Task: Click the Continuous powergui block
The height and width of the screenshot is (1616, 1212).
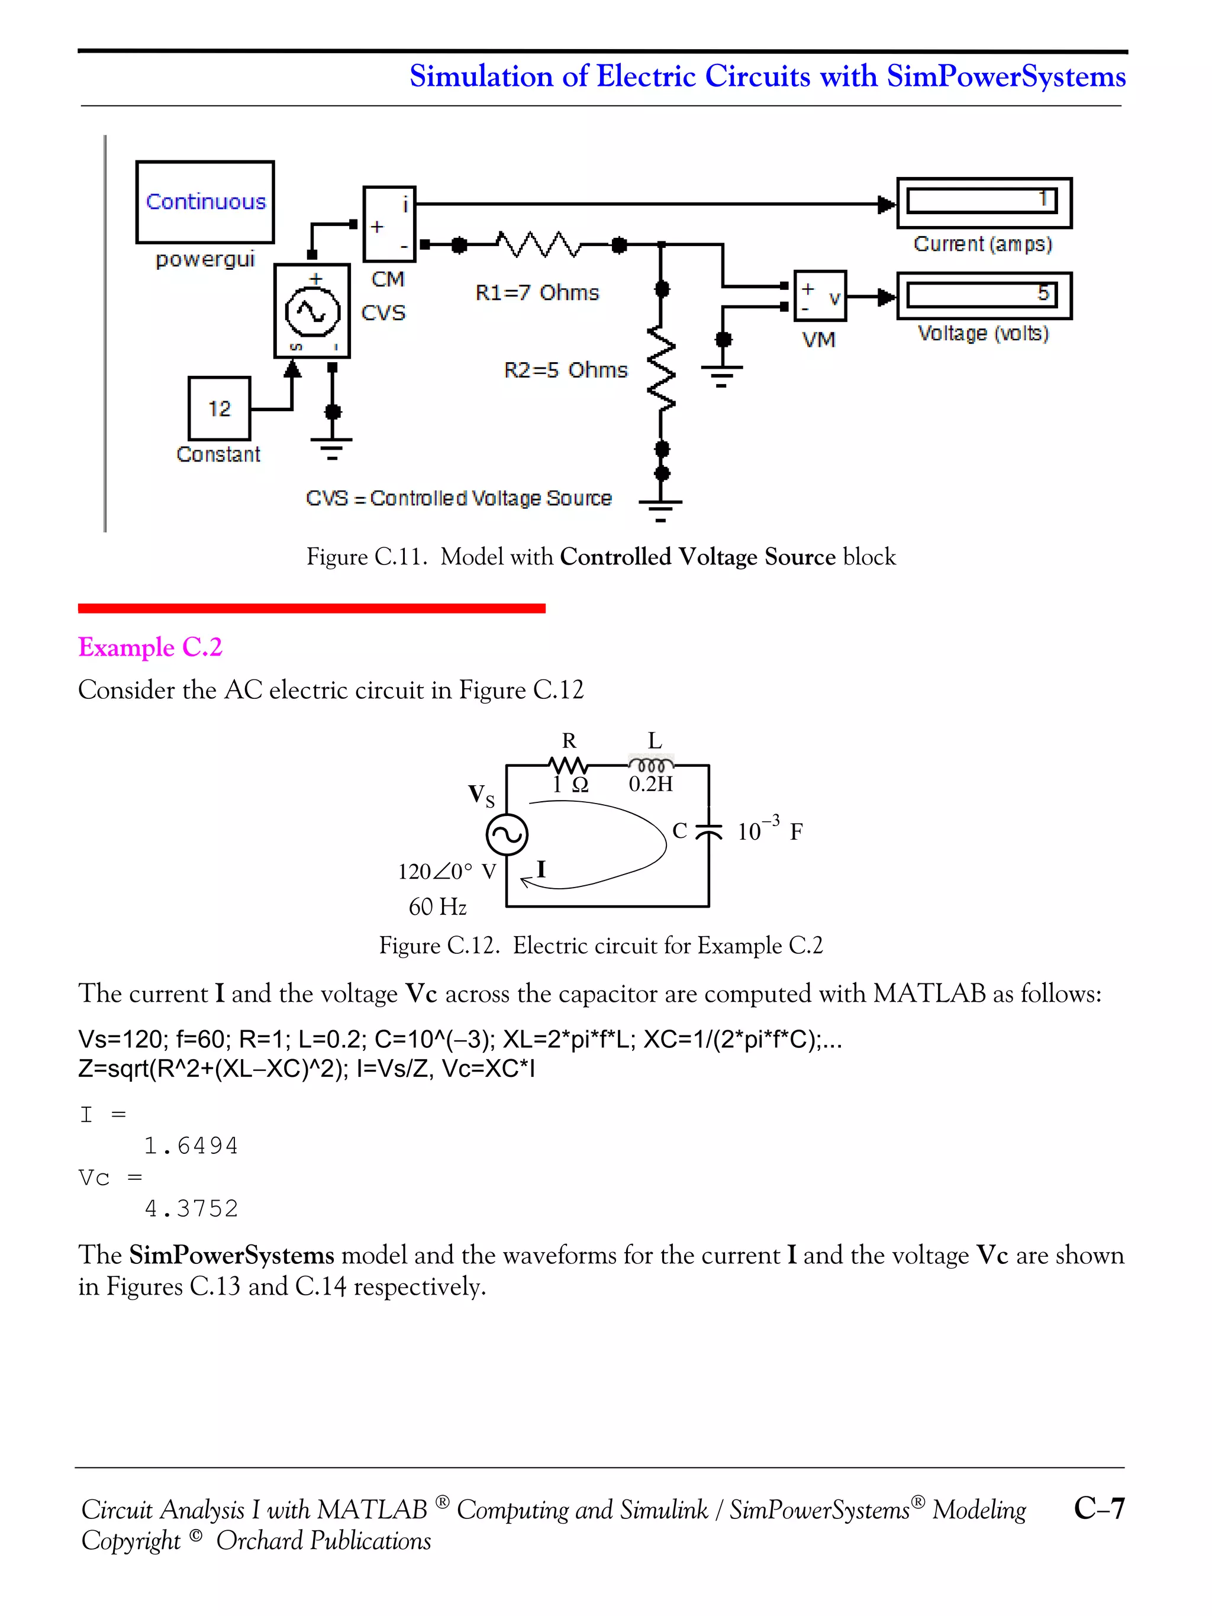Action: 205,202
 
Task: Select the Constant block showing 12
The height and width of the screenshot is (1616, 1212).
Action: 219,408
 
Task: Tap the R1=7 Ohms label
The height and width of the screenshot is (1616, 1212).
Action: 537,293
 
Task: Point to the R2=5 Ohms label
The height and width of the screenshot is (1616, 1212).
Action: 565,370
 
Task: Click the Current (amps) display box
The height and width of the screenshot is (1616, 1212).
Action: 984,202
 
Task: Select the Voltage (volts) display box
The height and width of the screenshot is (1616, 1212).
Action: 984,296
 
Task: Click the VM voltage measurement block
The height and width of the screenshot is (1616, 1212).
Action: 820,296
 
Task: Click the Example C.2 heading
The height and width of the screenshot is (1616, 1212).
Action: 150,647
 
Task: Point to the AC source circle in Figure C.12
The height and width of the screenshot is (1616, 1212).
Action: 507,834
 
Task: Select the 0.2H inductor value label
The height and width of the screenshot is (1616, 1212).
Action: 651,785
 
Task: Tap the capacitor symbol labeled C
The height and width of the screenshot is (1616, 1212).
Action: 707,831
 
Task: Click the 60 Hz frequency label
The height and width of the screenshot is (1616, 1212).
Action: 437,907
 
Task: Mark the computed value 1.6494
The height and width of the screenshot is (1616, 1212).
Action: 191,1146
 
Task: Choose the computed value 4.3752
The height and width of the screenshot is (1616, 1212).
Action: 191,1208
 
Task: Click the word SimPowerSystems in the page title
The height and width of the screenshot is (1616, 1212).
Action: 1006,76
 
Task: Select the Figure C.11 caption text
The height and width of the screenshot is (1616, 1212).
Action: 601,557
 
